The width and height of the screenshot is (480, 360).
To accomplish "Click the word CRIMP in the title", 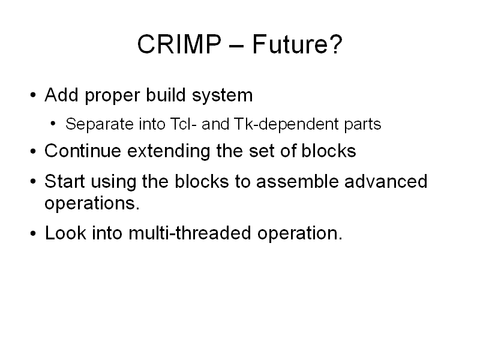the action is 179,44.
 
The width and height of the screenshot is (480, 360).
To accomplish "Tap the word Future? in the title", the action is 297,44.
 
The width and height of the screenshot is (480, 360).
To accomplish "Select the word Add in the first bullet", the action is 61,95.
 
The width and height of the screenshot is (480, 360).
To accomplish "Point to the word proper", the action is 112,97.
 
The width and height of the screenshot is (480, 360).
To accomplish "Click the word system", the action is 222,96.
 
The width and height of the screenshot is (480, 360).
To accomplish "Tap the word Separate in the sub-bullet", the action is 100,125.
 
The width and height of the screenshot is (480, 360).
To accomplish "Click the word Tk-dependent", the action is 286,125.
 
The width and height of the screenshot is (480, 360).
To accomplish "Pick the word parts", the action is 362,125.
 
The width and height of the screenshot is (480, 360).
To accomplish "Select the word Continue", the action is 83,151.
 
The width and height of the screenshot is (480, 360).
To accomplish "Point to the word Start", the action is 64,181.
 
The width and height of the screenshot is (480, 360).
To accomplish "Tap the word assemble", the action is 297,181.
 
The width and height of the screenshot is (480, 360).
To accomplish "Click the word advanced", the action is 386,181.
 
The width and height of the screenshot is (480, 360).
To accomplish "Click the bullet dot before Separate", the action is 53,124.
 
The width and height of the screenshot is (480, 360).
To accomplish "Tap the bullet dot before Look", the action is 33,233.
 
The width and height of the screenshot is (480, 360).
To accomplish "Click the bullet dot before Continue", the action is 33,151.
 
